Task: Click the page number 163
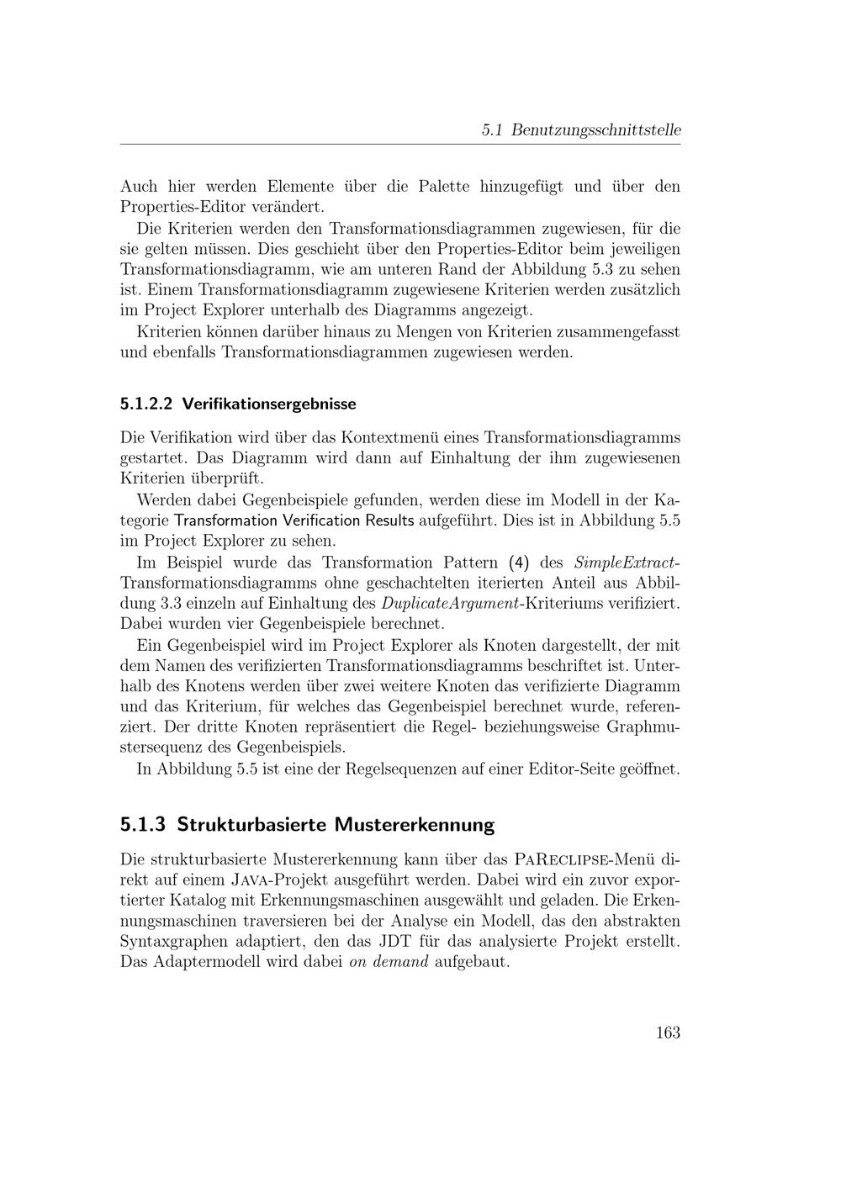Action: pyautogui.click(x=668, y=1033)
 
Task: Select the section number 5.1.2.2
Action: pyautogui.click(x=146, y=404)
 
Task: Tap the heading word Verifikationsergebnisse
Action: pyautogui.click(x=269, y=404)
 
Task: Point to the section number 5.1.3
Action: pyautogui.click(x=144, y=824)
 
